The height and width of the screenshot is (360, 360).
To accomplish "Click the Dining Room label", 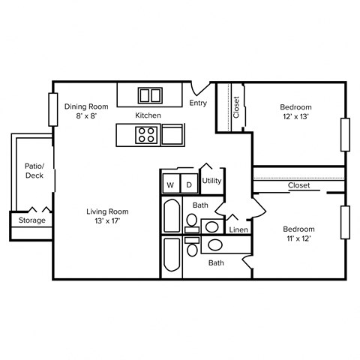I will pos(86,106).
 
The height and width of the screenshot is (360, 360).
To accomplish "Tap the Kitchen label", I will pos(148,115).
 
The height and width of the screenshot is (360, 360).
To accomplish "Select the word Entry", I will pos(198,103).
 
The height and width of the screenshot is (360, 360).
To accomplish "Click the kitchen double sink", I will pos(151,95).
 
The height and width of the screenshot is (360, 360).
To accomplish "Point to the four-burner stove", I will pos(146,135).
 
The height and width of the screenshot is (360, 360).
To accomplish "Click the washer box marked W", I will pos(170,184).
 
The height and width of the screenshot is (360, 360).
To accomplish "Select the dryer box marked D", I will pos(189,184).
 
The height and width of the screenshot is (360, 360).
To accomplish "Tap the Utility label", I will pos(211,181).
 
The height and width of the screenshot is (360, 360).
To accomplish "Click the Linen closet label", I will pos(238,229).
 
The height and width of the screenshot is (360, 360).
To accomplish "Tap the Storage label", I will pos(31,220).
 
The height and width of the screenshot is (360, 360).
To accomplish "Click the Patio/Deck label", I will pos(34,170).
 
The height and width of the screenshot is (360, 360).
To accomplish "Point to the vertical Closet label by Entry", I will pos(235,107).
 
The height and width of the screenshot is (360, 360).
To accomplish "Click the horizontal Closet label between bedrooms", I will pos(299,185).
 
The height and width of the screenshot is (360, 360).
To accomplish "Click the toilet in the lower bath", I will pos(192,247).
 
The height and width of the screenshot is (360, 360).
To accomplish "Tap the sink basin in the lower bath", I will pos(215,244).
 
